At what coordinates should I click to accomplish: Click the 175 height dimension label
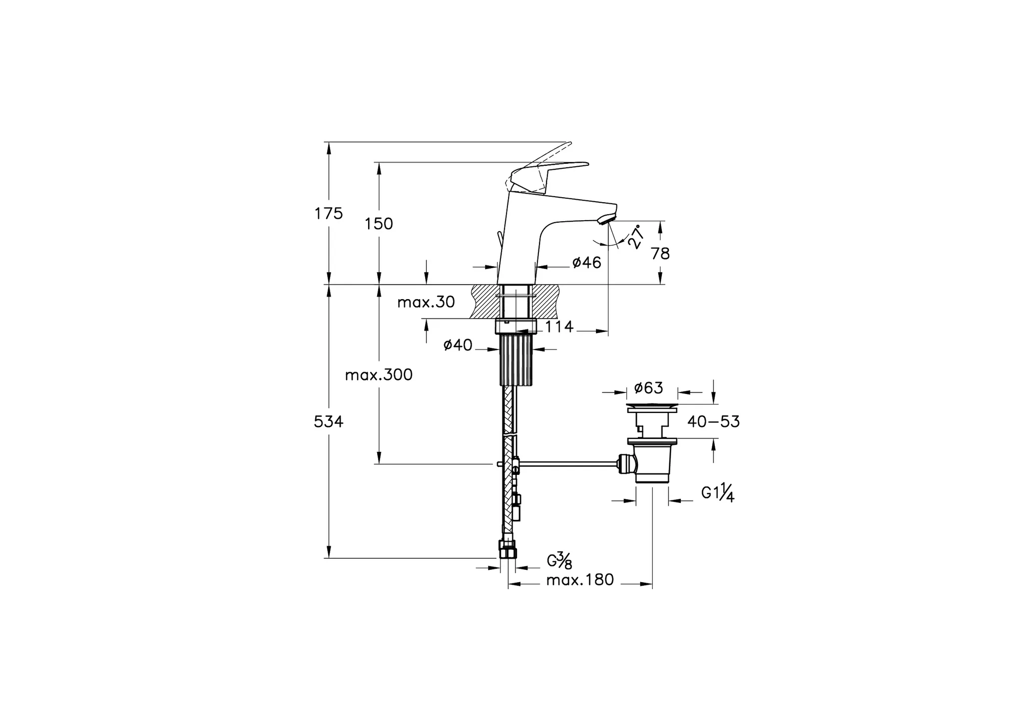[x=329, y=214]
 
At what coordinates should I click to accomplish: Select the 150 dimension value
[x=379, y=224]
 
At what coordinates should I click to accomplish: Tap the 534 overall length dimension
[x=329, y=422]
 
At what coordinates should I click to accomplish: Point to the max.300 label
[x=379, y=375]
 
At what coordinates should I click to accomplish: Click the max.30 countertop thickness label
[x=426, y=302]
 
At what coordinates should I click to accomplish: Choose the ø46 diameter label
[x=587, y=262]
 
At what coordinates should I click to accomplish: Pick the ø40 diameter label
[x=458, y=345]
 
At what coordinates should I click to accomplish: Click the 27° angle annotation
[x=635, y=237]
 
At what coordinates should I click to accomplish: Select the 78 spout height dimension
[x=660, y=254]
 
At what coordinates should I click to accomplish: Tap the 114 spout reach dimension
[x=559, y=327]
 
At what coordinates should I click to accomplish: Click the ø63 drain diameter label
[x=648, y=387]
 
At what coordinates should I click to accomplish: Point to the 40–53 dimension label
[x=713, y=422]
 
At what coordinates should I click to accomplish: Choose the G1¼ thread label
[x=718, y=493]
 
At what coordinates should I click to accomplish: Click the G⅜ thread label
[x=559, y=561]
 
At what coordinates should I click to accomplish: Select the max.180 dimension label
[x=580, y=580]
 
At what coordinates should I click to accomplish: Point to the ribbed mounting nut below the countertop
[x=516, y=360]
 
